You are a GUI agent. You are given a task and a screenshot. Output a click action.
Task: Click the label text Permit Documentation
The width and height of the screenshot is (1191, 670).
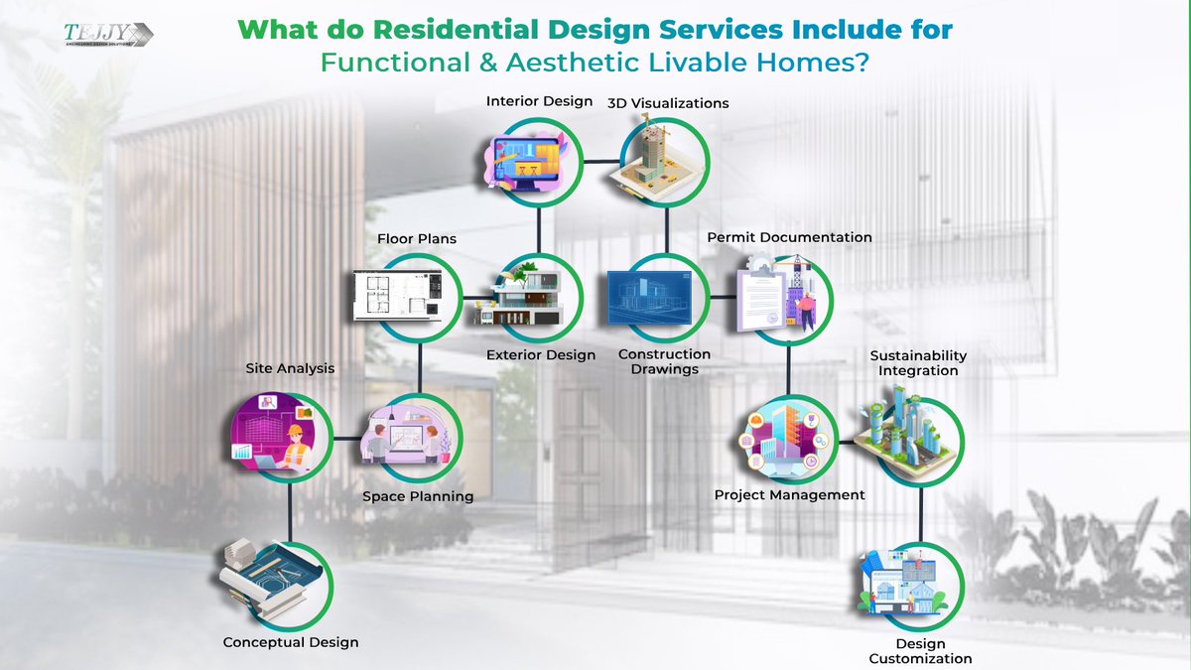[789, 238]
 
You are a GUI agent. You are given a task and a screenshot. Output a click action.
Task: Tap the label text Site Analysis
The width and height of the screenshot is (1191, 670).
[290, 368]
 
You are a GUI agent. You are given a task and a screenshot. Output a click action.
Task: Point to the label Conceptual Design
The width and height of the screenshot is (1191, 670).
[291, 642]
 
